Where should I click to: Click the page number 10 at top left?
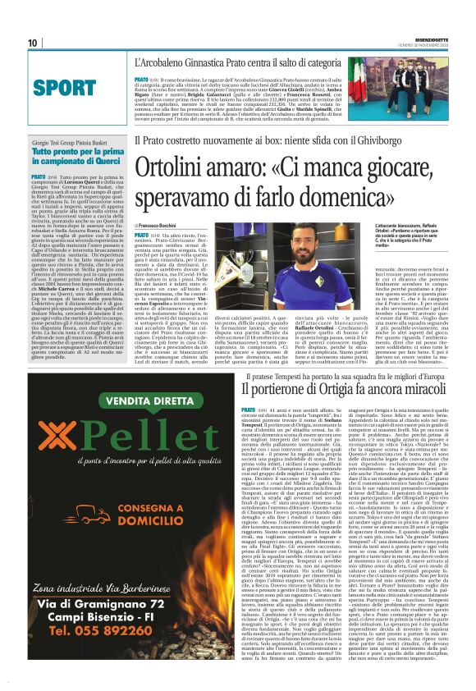(x=33, y=43)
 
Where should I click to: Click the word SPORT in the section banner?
(x=64, y=87)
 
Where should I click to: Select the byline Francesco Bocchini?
(x=160, y=226)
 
